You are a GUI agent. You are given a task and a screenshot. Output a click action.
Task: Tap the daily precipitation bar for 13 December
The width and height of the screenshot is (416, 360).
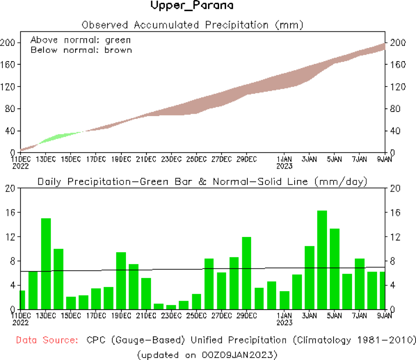tap(46, 264)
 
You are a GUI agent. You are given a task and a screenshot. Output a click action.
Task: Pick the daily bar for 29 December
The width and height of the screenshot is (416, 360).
tap(246, 273)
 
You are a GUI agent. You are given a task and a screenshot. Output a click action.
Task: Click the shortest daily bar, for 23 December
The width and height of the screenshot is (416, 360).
tap(171, 307)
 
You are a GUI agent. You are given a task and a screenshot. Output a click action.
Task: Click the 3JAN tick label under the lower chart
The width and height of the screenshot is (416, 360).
tap(309, 316)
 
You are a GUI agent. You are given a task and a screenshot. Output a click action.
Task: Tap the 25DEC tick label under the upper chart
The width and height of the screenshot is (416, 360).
tap(196, 159)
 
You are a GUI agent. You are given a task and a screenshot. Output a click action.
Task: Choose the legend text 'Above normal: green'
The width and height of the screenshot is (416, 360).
tap(81, 40)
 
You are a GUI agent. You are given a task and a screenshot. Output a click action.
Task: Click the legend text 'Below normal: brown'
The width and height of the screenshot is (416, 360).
tap(81, 50)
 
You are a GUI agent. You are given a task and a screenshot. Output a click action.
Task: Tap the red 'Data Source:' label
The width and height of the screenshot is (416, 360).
tap(47, 340)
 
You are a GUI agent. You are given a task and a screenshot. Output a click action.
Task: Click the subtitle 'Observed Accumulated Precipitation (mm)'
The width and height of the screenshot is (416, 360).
tap(192, 24)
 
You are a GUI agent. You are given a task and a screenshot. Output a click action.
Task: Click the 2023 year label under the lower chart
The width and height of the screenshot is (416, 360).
tap(284, 322)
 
